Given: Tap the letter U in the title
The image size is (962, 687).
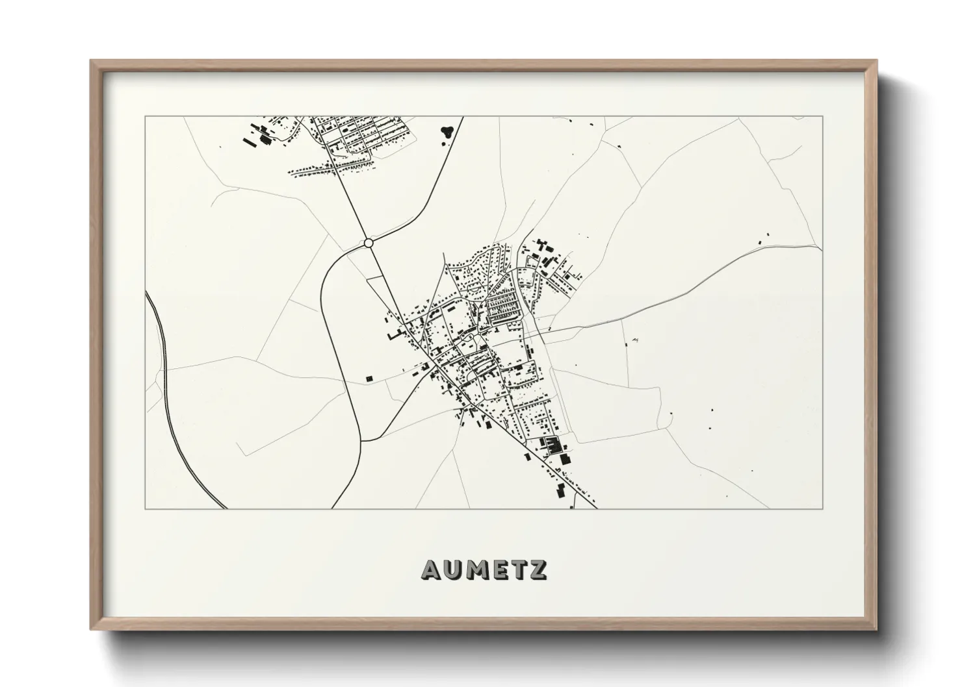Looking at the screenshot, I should [x=454, y=569].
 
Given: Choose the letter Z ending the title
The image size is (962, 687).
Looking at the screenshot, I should [x=538, y=569].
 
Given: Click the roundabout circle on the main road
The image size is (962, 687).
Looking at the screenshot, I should [x=369, y=243].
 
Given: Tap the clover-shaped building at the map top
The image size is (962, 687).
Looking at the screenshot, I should [x=447, y=131].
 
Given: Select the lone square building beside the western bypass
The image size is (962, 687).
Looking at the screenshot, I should [x=369, y=377].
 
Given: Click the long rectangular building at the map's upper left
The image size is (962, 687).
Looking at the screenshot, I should [x=248, y=138].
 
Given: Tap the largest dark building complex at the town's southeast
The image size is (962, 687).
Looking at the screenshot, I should [x=552, y=445].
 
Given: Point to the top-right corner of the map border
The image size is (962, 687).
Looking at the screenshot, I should [x=823, y=117].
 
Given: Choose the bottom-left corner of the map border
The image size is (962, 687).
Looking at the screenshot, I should [x=145, y=508].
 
